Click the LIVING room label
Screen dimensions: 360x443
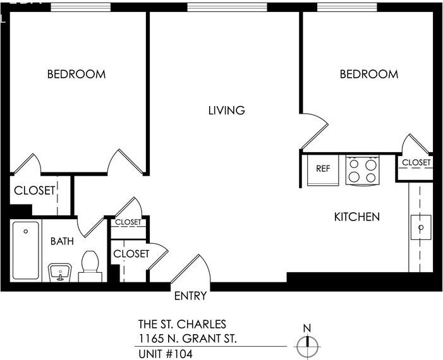pyautogui.click(x=226, y=111)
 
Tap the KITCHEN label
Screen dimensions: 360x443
pyautogui.click(x=356, y=217)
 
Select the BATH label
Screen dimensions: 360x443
pyautogui.click(x=62, y=241)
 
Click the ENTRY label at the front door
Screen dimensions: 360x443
pyautogui.click(x=190, y=296)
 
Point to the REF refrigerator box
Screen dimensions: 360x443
pyautogui.click(x=323, y=169)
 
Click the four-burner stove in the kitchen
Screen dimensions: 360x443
pyautogui.click(x=362, y=171)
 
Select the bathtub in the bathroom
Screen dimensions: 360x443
pyautogui.click(x=26, y=250)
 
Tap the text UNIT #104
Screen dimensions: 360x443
pyautogui.click(x=166, y=353)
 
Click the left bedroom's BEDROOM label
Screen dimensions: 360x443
pyautogui.click(x=76, y=75)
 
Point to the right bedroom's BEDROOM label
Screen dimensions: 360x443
pyautogui.click(x=369, y=75)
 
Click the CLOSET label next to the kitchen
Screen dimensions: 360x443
pyautogui.click(x=416, y=163)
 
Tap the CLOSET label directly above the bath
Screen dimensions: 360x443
pyautogui.click(x=35, y=191)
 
